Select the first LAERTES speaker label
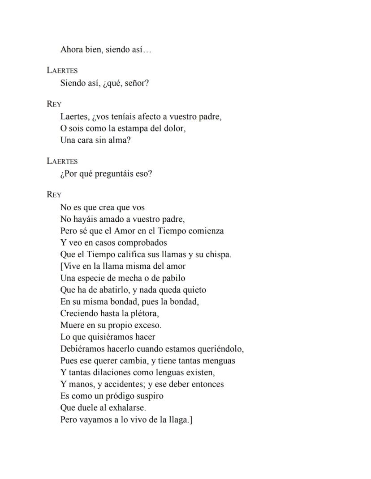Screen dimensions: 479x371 coord(62,70)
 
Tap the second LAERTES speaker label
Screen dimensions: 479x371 coord(62,161)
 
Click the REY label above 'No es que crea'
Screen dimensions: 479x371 coord(54,195)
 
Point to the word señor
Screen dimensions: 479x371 coord(136,83)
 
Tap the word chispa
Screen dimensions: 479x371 coord(218,254)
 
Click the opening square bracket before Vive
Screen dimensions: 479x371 coord(62,266)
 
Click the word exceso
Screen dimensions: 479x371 coord(147,325)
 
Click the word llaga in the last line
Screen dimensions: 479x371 coord(180,420)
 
